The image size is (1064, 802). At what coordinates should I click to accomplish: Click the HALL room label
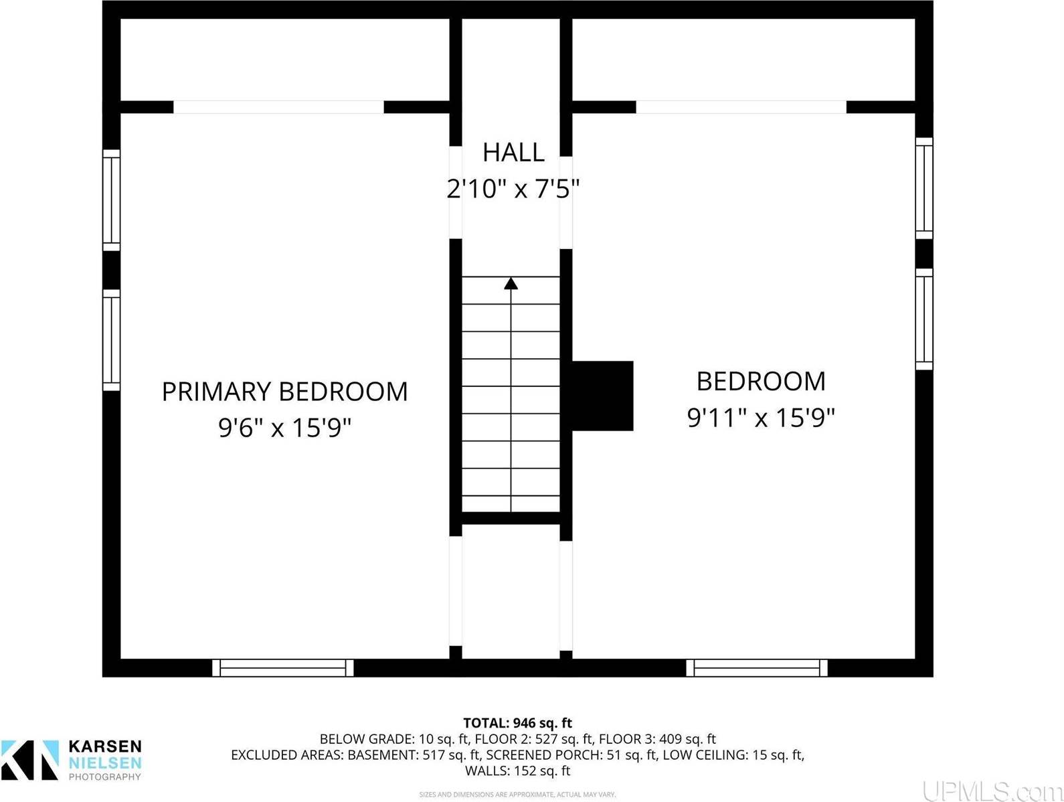(x=513, y=153)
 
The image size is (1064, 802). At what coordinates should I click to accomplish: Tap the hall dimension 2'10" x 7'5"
(x=513, y=189)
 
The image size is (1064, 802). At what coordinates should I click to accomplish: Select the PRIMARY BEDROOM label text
(x=284, y=392)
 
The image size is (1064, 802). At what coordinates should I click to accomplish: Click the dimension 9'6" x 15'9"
(x=284, y=427)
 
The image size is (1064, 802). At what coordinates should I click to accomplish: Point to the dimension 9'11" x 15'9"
(x=761, y=418)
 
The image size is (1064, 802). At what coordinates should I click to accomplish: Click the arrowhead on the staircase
(x=511, y=283)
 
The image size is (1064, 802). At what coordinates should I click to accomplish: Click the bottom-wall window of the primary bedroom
(x=283, y=667)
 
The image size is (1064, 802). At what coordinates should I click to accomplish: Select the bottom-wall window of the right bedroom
(x=757, y=667)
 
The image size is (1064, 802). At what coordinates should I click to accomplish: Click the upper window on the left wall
(x=111, y=200)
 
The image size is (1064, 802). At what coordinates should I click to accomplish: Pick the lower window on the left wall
(x=111, y=339)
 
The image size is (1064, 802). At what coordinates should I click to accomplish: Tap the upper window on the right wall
(x=924, y=188)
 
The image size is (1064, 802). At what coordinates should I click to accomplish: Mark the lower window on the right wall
(x=924, y=319)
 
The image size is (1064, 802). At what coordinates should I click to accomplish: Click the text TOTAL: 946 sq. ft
(x=517, y=723)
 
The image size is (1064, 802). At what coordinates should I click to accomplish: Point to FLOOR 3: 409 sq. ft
(x=657, y=739)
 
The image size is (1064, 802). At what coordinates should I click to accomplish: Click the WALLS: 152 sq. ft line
(x=517, y=771)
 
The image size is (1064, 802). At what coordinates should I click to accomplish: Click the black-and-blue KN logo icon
(x=30, y=760)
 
